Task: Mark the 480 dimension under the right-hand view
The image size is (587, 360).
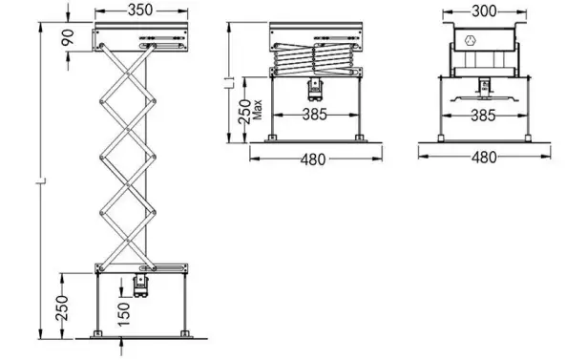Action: [484, 158]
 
